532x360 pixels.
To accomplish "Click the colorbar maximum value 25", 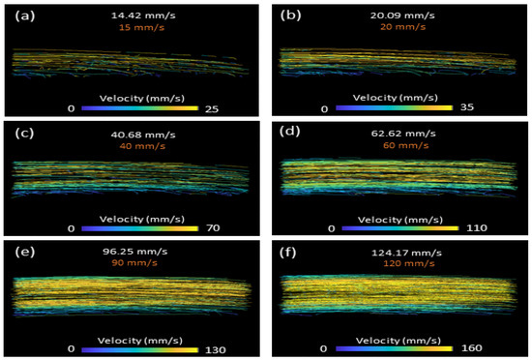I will click(x=213, y=108).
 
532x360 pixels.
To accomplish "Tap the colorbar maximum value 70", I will click(x=215, y=228).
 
